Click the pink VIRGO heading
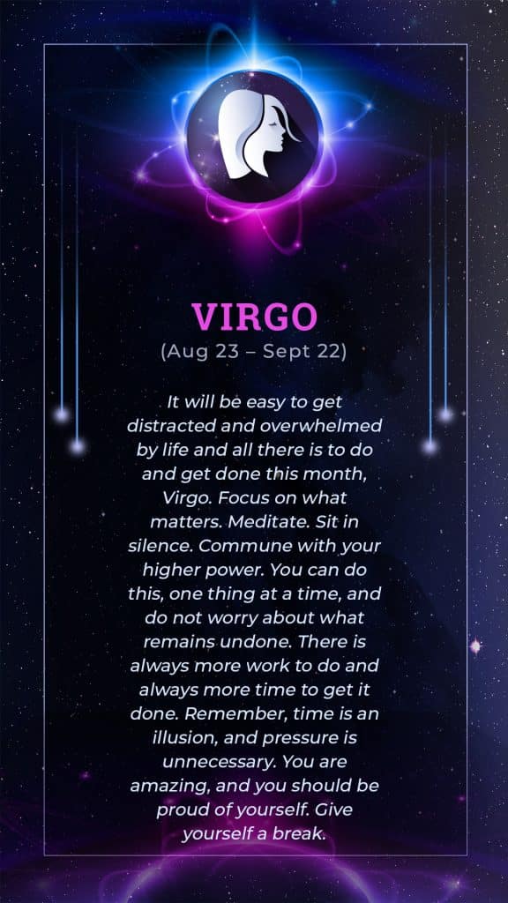(254, 317)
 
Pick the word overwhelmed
(321, 426)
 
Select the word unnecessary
(219, 763)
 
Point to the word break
(303, 834)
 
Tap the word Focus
(240, 497)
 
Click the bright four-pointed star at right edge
(475, 646)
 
